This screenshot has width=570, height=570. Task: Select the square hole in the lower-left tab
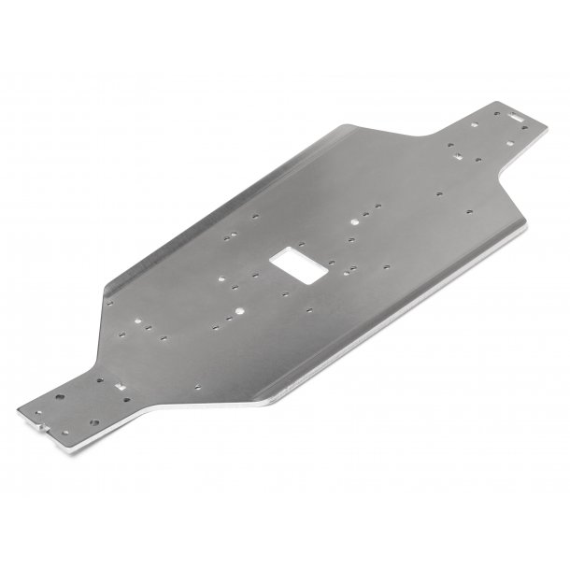120,383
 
